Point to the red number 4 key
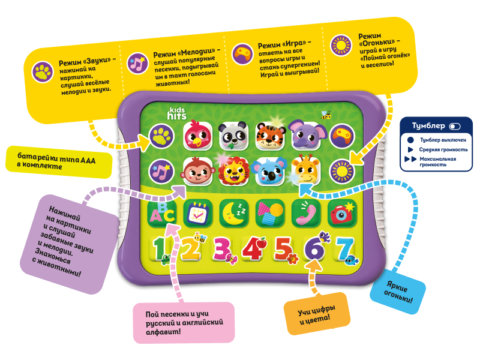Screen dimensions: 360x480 pos(253,249)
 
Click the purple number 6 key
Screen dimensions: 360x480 pos(314,249)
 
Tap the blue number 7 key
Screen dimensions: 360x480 pos(344,249)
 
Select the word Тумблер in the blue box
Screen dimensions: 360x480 pos(428,126)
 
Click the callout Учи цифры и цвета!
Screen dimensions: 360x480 pos(316,317)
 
